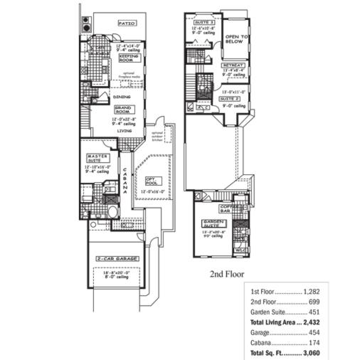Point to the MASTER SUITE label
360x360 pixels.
[x=97, y=158]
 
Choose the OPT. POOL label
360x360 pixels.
[x=152, y=181]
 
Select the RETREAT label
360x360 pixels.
[x=234, y=65]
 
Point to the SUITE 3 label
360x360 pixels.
[x=204, y=22]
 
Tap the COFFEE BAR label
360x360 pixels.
[x=228, y=208]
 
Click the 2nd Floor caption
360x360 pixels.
[x=228, y=273]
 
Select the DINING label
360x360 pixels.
[x=122, y=96]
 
